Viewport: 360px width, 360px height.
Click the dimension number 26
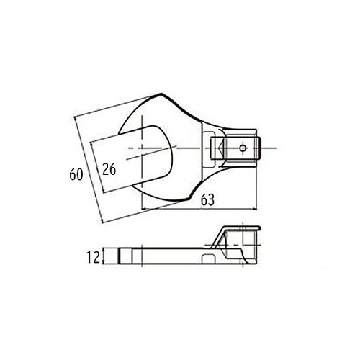click(x=109, y=170)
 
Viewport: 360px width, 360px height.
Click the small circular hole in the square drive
click(x=243, y=148)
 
